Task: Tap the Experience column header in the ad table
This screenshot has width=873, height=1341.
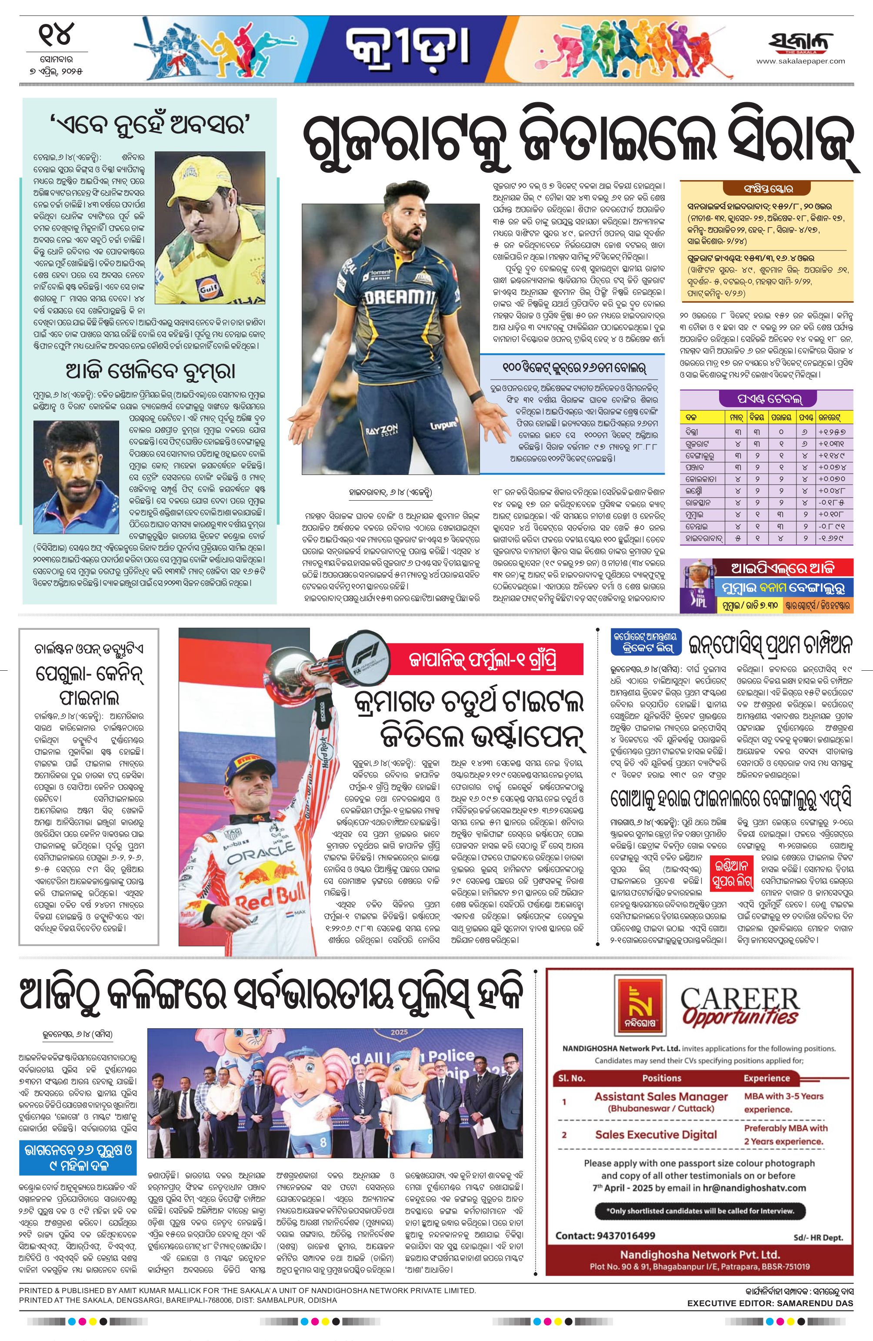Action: [x=766, y=1078]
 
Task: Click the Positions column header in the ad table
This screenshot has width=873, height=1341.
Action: [x=661, y=1078]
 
